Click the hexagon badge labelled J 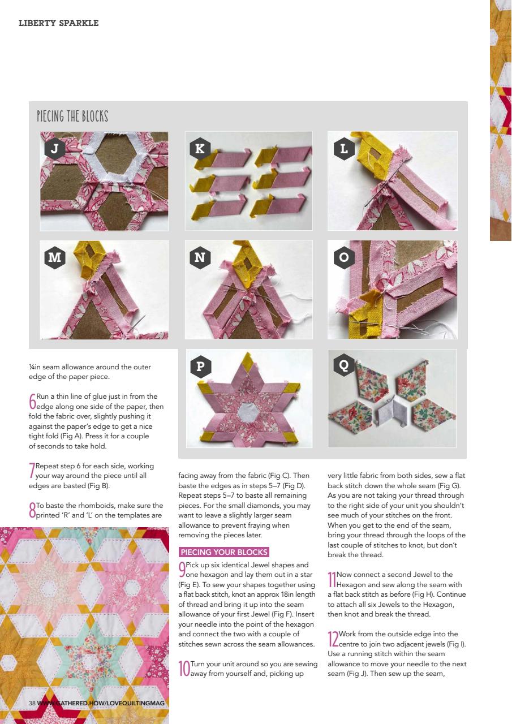tap(55, 149)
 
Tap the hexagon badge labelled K tap(200, 149)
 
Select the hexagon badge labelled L tap(344, 149)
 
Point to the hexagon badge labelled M tap(55, 258)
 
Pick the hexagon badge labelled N tap(200, 258)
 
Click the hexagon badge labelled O tap(344, 258)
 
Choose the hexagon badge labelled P tap(200, 366)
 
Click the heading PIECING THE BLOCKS tap(72, 117)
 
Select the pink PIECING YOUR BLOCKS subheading tap(223, 552)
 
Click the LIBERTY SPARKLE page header tap(58, 23)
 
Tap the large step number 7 tap(32, 471)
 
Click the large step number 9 tap(182, 570)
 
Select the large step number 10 tap(183, 669)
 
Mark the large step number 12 tap(333, 639)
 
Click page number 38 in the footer tap(32, 703)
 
